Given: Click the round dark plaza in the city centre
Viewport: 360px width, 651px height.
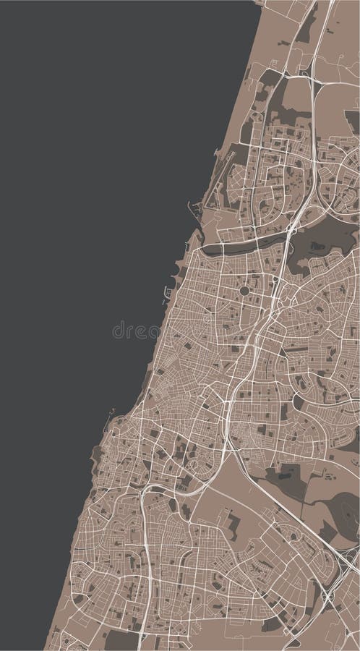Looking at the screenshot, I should [x=244, y=291].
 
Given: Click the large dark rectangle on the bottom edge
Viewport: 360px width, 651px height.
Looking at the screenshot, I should [x=121, y=640].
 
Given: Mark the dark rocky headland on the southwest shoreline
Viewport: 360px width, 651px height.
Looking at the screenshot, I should [x=95, y=454].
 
